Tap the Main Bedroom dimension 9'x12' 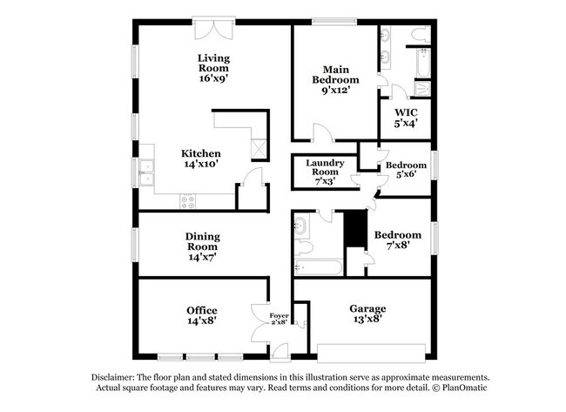point(336,89)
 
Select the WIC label point(407,112)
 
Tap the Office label point(202,310)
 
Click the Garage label point(367,308)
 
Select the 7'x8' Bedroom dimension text point(398,246)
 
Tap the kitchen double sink point(146,174)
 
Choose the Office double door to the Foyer point(259,322)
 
